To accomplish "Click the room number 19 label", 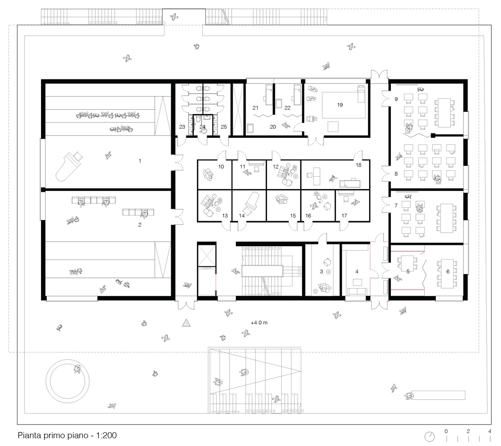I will [x=340, y=105].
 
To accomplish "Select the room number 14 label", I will [x=242, y=216].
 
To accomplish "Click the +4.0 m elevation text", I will [x=259, y=322].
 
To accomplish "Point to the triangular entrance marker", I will [x=186, y=323].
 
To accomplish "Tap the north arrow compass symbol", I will [x=429, y=435].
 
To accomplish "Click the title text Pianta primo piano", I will [x=67, y=435].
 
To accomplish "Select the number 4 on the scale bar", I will [x=490, y=431].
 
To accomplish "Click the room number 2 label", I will [x=140, y=225].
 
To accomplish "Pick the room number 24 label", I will [x=203, y=127].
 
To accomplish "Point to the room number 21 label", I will [x=255, y=107].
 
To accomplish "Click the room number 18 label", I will [x=358, y=165].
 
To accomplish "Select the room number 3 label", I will [x=321, y=271].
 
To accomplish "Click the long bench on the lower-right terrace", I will [x=439, y=395].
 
